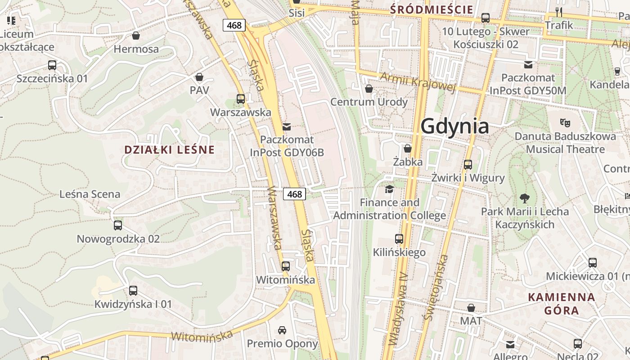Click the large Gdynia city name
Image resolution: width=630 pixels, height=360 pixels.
454,126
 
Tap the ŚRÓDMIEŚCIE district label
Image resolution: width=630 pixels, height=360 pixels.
432,9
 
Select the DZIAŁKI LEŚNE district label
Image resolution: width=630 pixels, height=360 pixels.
169,150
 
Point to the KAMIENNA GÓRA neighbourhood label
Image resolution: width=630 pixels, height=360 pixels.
561,304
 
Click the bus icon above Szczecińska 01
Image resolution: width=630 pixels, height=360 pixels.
52,65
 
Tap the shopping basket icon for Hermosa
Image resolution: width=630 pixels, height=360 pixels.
136,36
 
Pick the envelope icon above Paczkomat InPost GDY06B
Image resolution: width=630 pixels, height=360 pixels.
287,126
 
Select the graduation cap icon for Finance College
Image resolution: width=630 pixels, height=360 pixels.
389,189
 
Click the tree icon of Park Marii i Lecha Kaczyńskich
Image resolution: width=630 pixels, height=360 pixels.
524,198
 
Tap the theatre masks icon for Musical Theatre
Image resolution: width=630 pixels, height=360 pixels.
565,122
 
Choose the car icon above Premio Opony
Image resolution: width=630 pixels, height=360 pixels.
282,330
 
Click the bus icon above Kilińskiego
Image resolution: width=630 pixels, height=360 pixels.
399,238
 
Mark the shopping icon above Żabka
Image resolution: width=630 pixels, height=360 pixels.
408,148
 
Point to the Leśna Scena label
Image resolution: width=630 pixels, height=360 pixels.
90,194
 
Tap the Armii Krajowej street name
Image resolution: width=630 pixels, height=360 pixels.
418,81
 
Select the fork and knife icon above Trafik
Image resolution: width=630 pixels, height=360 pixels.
559,12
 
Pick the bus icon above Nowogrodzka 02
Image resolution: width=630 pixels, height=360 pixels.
118,225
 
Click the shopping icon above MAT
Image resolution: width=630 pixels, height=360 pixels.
471,308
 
